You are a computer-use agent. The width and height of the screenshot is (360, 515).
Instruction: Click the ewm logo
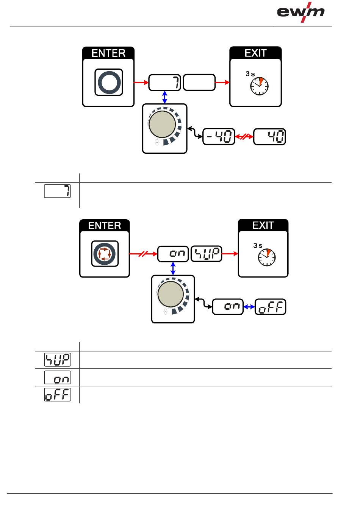click(301, 12)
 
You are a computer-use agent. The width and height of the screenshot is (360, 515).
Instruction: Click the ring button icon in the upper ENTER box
click(109, 82)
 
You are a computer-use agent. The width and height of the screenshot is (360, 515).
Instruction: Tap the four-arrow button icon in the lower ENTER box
click(105, 254)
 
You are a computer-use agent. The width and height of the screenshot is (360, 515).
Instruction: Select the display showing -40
click(219, 137)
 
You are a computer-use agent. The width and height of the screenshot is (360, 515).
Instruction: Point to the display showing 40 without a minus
click(269, 137)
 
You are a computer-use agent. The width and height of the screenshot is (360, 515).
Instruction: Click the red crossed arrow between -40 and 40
click(244, 137)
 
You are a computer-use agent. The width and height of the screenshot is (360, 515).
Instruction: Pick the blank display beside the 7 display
click(199, 82)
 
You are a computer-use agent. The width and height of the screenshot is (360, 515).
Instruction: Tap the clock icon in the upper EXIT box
click(259, 86)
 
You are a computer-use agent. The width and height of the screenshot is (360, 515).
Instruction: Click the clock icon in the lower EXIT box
click(267, 257)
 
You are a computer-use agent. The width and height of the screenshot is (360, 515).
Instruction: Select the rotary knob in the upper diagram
click(163, 124)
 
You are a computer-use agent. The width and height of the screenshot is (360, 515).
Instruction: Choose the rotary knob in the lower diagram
click(171, 294)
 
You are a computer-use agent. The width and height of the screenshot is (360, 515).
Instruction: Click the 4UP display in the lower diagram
click(207, 254)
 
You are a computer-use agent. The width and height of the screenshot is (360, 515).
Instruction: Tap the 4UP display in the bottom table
click(57, 360)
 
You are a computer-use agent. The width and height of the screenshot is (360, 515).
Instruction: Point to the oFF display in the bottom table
click(57, 395)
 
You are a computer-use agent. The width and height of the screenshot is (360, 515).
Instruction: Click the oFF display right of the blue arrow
click(270, 307)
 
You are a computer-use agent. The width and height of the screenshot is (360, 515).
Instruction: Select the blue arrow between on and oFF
click(249, 307)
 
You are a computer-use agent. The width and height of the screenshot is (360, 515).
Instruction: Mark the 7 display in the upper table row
click(57, 191)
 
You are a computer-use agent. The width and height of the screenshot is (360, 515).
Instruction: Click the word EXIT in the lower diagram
click(263, 225)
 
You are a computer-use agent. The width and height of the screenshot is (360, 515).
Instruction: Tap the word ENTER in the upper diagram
click(108, 53)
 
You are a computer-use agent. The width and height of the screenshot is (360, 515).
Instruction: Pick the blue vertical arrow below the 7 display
click(165, 97)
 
